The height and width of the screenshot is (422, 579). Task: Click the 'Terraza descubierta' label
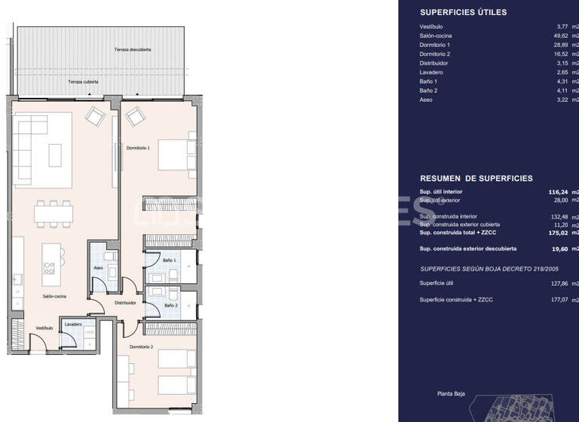[x=133, y=49]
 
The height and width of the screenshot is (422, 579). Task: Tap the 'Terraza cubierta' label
[x=83, y=81]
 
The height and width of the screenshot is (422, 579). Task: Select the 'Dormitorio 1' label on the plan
[x=138, y=148]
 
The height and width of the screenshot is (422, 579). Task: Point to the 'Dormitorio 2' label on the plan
[x=141, y=346]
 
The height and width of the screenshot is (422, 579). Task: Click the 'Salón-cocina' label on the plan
[x=54, y=296]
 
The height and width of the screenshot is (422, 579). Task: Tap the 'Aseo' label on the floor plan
[x=98, y=268]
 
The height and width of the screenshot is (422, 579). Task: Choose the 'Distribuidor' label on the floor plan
[x=125, y=302]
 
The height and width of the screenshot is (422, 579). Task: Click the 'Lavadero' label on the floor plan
[x=73, y=324]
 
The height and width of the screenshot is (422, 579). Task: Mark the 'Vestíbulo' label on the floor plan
[x=44, y=328]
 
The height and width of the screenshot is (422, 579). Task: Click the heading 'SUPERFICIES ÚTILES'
[x=463, y=12]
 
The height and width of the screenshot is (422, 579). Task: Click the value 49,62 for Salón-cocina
[x=561, y=35]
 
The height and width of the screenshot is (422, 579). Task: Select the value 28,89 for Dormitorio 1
[x=561, y=45]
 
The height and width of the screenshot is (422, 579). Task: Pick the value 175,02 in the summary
[x=558, y=233]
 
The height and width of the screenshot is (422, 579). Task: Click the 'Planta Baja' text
[x=451, y=393]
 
